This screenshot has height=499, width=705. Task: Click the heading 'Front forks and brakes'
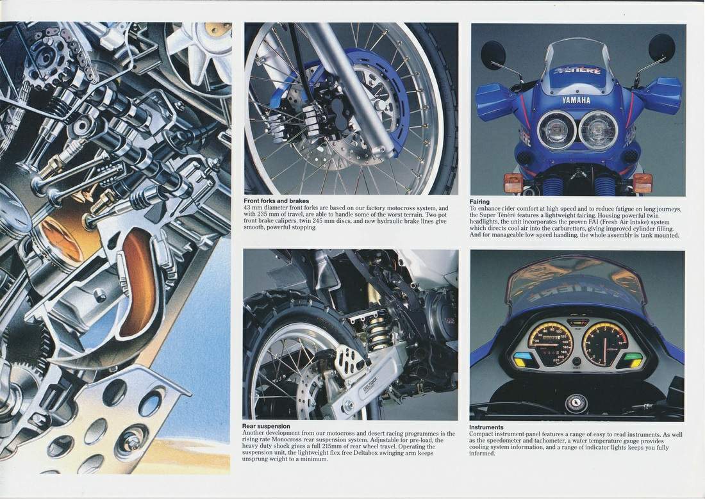276,201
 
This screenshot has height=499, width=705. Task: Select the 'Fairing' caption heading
479,202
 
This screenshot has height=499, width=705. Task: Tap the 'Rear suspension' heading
266,426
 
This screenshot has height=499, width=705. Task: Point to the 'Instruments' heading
486,427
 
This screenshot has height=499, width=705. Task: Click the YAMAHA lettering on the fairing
576,101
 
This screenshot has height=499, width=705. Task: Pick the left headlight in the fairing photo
556,130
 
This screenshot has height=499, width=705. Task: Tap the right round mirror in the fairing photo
662,47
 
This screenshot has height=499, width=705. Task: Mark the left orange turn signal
513,183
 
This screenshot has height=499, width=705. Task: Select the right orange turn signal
642,183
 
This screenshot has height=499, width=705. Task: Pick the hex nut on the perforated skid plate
133,443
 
